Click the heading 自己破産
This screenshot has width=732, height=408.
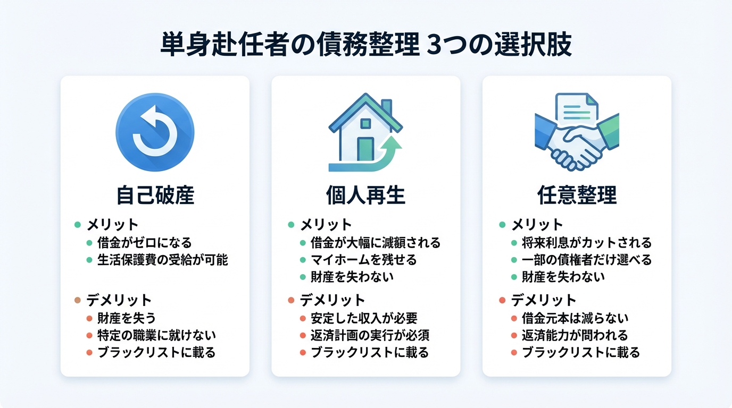click(155, 195)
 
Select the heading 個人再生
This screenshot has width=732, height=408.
click(365, 195)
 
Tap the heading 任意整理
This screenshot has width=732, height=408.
click(577, 195)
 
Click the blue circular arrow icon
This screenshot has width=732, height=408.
click(155, 132)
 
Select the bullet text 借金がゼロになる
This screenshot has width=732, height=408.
click(144, 243)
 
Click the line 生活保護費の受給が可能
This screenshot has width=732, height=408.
click(162, 261)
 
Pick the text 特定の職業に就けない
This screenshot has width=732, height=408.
click(156, 335)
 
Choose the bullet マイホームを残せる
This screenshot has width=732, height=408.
click(363, 260)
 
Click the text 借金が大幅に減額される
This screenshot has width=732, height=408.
click(376, 243)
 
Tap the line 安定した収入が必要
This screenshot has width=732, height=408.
click(364, 318)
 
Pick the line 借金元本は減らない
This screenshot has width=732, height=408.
click(575, 318)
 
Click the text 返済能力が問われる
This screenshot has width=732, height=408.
click(575, 335)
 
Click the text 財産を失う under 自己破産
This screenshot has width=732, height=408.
click(127, 318)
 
